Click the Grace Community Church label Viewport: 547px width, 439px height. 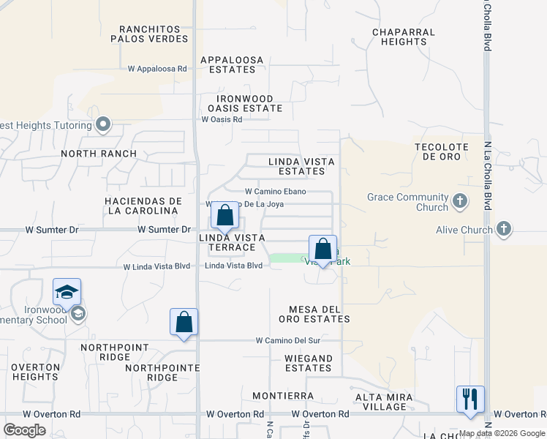tap(407, 202)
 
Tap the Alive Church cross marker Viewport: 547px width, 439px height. tap(503, 230)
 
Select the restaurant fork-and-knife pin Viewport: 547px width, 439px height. tap(469, 399)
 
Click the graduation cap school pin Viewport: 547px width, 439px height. tap(67, 292)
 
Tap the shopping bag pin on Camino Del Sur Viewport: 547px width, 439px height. tap(184, 322)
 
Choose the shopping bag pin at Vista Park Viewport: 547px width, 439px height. tap(322, 249)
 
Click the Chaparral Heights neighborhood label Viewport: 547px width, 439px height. tap(403, 37)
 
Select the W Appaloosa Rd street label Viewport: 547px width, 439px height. tap(157, 69)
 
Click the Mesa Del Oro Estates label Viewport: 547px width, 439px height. tap(314, 314)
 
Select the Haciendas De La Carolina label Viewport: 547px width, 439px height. tap(142, 206)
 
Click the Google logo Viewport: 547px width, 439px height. tap(25, 429)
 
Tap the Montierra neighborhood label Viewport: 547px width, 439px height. tap(282, 396)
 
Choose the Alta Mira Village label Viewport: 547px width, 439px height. tap(383, 402)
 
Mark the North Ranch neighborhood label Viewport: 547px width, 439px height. tap(99, 154)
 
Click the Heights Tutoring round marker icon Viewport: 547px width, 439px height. tap(103, 125)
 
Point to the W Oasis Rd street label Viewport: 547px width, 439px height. tap(222, 119)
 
